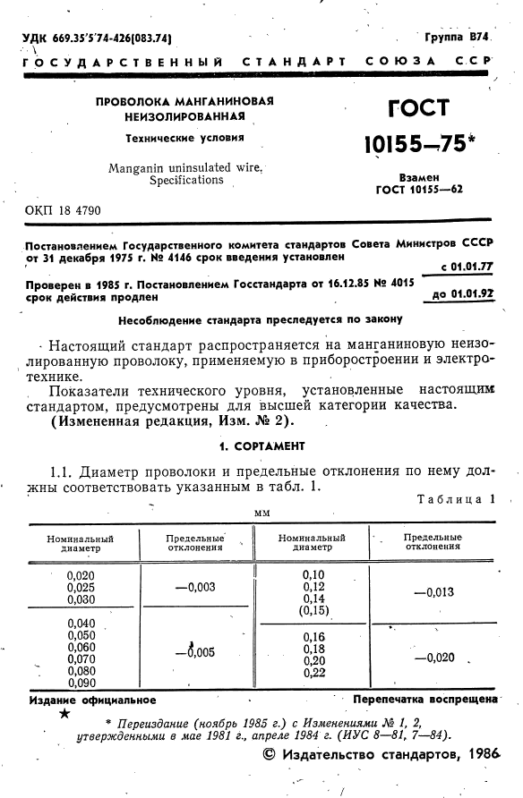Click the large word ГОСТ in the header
point(417,110)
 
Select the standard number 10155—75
point(417,143)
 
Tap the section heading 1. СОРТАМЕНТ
point(262,446)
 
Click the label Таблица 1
point(456,499)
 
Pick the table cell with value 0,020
point(81,575)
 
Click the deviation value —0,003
point(195,587)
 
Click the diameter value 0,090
point(81,683)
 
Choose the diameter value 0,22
point(313,672)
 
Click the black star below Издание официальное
point(64,715)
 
